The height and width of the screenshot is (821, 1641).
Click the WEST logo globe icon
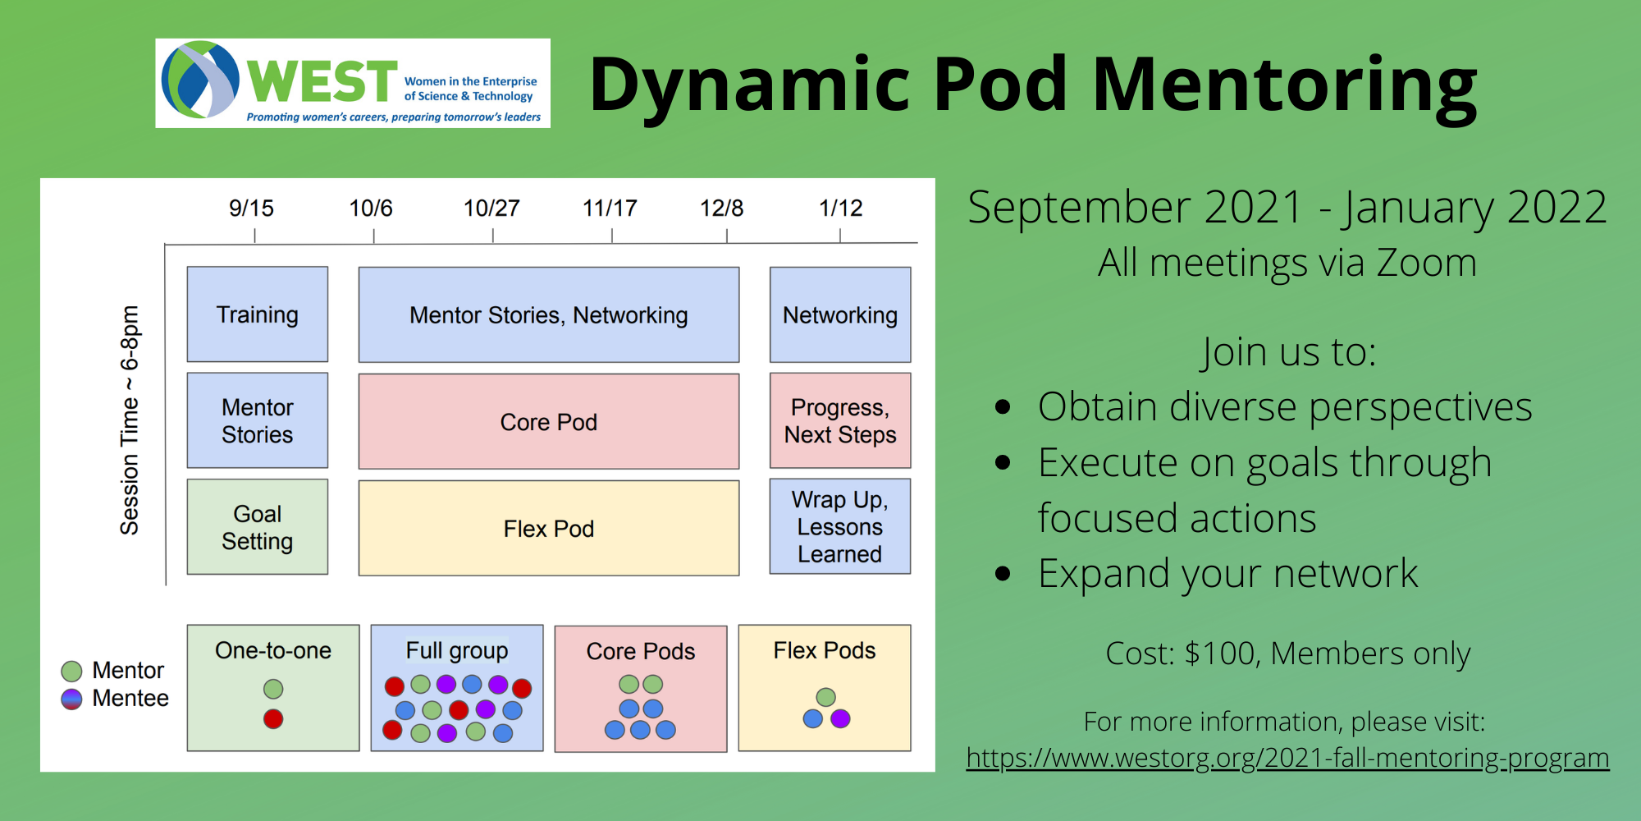point(200,80)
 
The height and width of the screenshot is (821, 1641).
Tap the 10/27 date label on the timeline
point(491,209)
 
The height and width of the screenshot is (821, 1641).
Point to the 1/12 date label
point(840,209)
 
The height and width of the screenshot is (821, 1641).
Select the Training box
point(257,314)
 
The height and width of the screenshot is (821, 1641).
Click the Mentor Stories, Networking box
point(548,315)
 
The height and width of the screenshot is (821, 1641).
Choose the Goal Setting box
point(257,527)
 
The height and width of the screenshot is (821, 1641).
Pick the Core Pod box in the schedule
point(548,422)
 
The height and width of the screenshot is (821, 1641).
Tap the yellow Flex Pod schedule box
point(548,529)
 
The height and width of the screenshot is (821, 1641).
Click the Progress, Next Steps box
point(839,421)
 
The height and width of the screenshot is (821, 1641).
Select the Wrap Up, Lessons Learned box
point(839,526)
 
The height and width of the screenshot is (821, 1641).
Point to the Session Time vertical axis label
point(130,420)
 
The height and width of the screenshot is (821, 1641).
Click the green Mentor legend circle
point(72,672)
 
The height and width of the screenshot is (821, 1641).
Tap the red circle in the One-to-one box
point(273,719)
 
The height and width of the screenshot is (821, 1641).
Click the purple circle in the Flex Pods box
point(840,719)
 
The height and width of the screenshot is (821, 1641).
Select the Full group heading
point(456,651)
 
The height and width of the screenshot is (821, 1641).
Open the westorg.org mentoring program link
point(1287,758)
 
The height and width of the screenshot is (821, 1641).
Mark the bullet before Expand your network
point(1002,574)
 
